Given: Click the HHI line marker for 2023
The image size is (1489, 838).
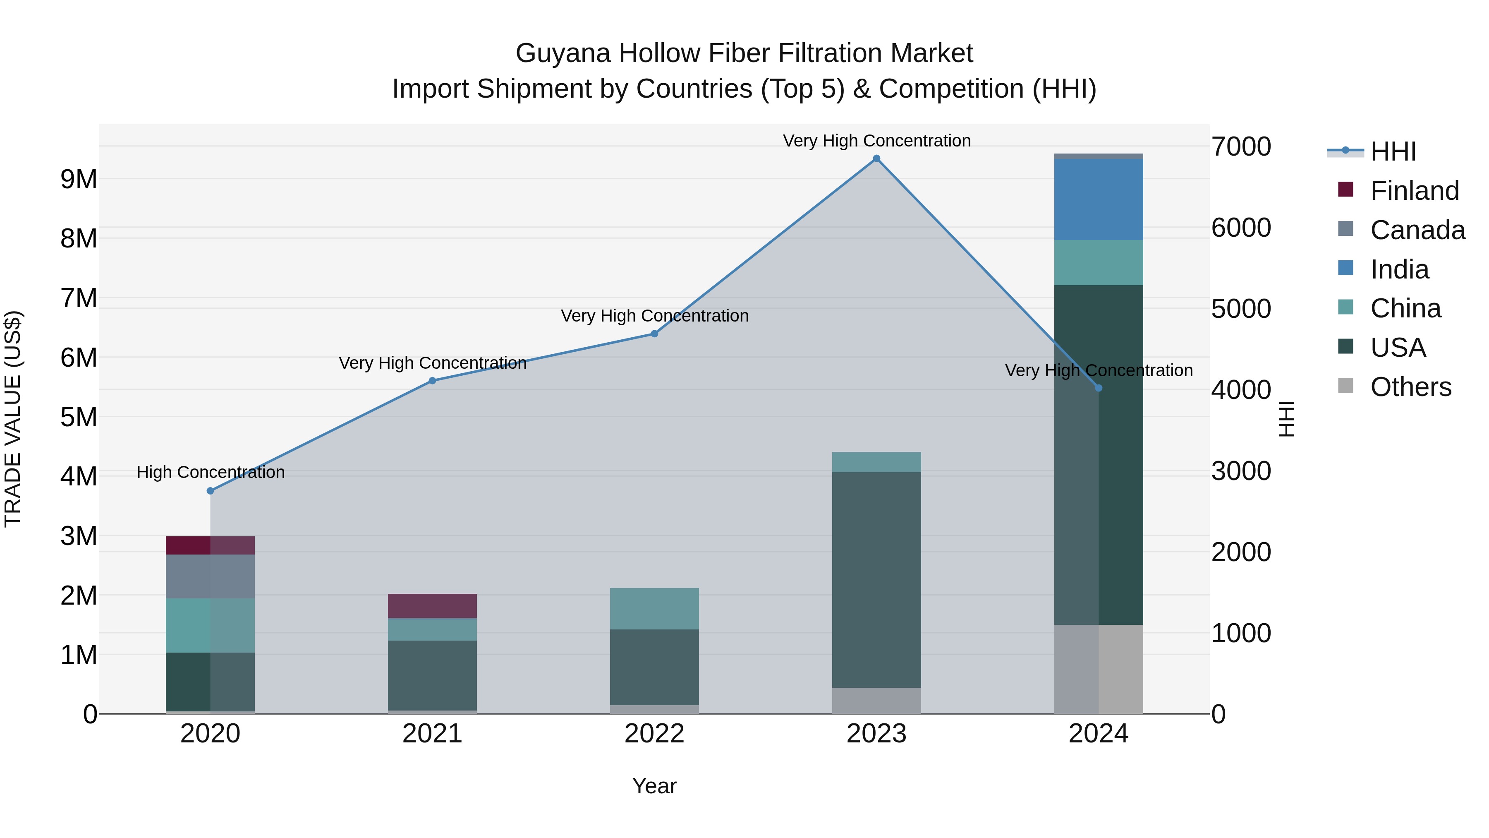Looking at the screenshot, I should [876, 158].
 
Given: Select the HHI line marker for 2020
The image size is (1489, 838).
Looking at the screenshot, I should [211, 491].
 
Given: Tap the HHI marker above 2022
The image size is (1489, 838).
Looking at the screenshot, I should [654, 334].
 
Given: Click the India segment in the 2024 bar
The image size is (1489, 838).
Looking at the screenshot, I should [1098, 199].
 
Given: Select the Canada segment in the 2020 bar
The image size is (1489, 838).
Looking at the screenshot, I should [211, 576].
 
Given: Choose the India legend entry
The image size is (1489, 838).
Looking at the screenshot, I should [1399, 269].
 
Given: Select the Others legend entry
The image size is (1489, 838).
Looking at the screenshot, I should [1410, 387].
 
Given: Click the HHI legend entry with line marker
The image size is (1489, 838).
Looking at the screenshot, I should [1393, 151].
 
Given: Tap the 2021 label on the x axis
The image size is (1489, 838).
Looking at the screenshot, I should [432, 734].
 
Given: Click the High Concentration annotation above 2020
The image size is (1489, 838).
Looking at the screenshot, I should [211, 473].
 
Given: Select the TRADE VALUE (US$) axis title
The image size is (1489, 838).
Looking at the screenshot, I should [13, 419].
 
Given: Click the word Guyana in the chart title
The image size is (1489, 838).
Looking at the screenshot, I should [563, 53].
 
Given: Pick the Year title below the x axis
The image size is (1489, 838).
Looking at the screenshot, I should [654, 786].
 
